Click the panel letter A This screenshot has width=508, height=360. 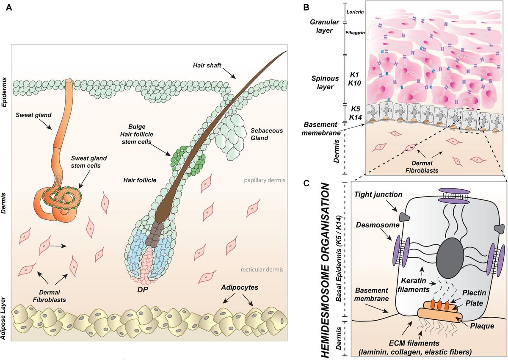9,8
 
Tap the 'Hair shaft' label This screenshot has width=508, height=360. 207,65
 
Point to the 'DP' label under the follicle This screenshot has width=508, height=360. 143,289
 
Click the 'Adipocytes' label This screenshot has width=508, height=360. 240,288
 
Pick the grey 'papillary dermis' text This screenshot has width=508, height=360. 265,180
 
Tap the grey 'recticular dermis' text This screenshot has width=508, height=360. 262,269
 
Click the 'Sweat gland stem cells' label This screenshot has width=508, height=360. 88,162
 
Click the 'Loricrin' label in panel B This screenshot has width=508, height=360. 355,12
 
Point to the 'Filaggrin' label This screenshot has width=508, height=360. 355,33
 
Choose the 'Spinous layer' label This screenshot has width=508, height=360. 325,83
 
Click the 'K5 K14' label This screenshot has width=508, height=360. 355,113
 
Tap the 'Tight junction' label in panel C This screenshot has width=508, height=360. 378,194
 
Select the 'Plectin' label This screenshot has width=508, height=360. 474,293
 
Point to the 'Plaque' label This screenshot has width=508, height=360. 482,326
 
